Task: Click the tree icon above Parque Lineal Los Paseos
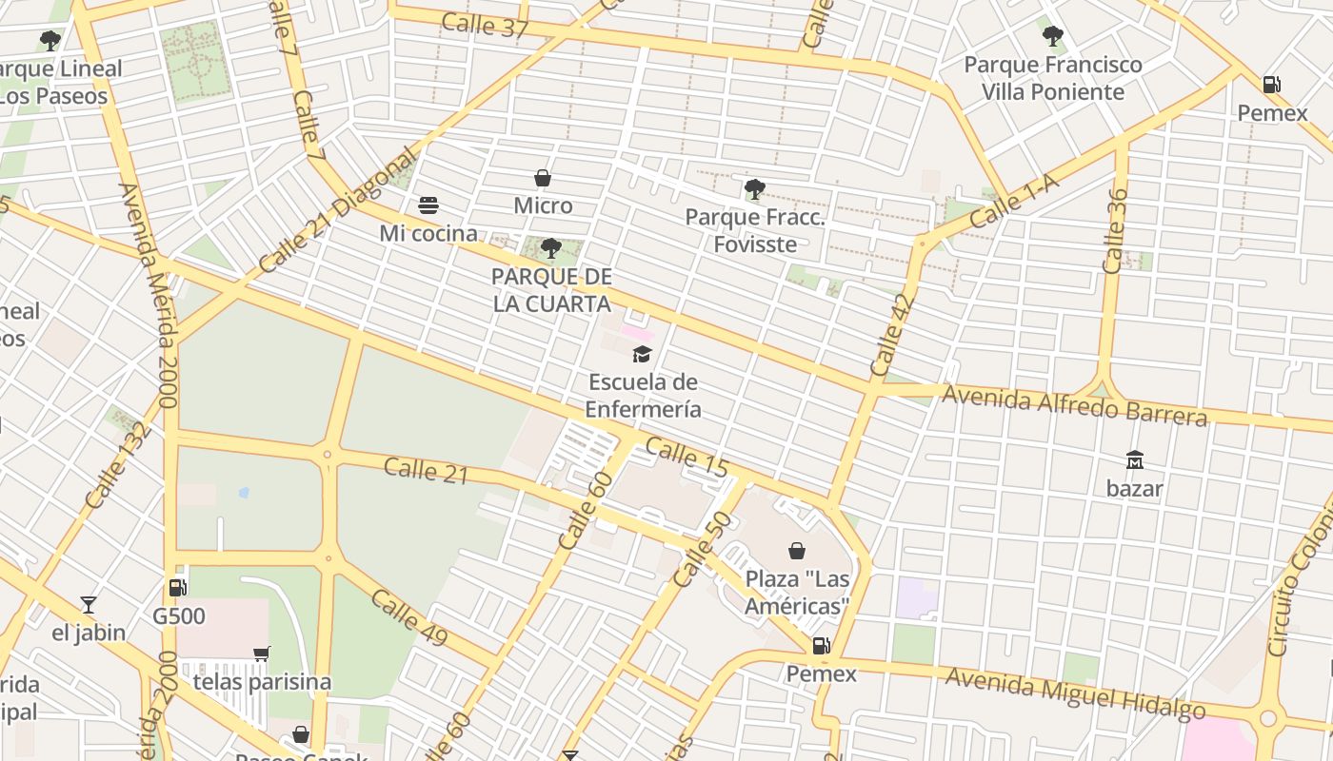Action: click(x=50, y=41)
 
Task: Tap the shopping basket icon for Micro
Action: click(x=543, y=178)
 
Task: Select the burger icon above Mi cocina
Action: click(x=428, y=205)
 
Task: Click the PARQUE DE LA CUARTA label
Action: click(x=551, y=290)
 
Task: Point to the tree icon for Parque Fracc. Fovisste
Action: click(x=754, y=189)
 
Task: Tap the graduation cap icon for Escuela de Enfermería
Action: click(x=643, y=355)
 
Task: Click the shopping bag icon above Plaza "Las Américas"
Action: click(x=797, y=551)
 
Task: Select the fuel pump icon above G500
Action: click(x=178, y=588)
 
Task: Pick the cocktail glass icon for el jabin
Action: click(x=89, y=604)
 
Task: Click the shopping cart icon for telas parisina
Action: click(x=262, y=654)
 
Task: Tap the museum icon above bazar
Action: click(x=1134, y=460)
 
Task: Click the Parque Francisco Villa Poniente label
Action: click(x=1053, y=79)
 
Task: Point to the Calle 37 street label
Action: click(x=485, y=25)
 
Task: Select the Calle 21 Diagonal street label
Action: click(x=338, y=210)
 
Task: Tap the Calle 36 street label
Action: click(x=1115, y=231)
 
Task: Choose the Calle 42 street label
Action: click(x=891, y=334)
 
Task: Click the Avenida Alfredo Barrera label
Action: click(x=1075, y=403)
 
